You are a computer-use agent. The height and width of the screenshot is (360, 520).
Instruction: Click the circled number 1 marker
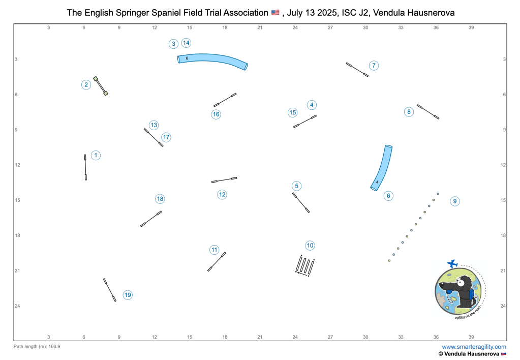(x=96, y=155)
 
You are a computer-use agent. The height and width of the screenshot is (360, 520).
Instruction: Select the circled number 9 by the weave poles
(x=455, y=201)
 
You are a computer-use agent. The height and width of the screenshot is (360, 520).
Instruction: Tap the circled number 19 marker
(x=128, y=295)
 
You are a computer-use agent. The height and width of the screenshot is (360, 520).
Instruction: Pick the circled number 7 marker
(x=374, y=66)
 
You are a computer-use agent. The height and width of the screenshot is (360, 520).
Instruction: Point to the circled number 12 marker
(x=222, y=194)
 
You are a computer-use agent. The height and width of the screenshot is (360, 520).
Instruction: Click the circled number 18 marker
(x=160, y=199)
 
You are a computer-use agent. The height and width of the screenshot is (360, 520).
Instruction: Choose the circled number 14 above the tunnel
(x=187, y=43)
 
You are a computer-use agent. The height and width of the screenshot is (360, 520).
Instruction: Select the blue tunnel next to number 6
(x=382, y=168)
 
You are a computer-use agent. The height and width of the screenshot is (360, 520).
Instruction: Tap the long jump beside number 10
(x=305, y=265)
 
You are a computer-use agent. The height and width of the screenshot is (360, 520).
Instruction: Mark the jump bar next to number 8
(x=428, y=111)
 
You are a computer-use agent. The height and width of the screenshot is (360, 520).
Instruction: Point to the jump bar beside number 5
(x=301, y=202)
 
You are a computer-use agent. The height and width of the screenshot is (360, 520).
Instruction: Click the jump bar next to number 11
(x=217, y=261)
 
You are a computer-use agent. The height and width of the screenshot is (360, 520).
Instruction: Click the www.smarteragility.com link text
(x=463, y=347)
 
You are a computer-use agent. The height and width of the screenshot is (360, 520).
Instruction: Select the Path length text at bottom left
(x=37, y=346)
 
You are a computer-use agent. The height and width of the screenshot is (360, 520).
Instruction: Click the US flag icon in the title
(x=275, y=12)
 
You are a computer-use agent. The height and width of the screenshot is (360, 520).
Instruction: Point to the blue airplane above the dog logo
(x=452, y=263)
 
